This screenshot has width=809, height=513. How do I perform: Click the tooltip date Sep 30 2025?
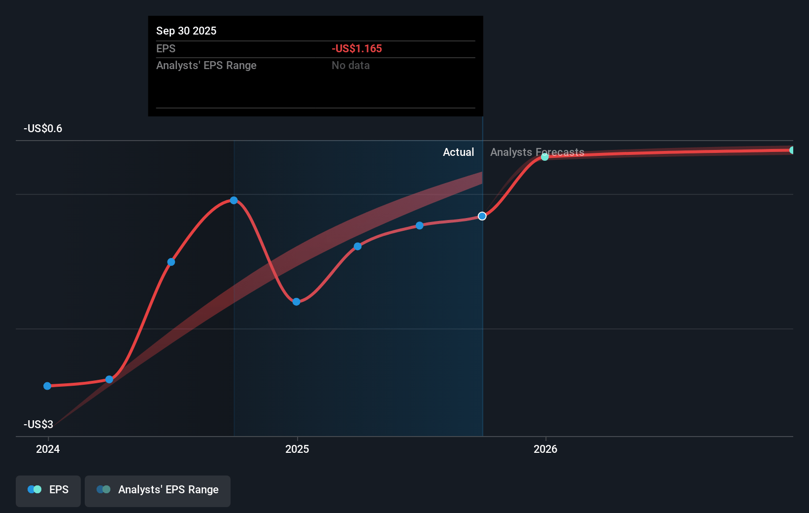pos(186,31)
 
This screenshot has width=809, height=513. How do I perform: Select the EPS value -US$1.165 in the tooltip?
pos(357,48)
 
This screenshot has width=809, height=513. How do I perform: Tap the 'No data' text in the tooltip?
pos(350,65)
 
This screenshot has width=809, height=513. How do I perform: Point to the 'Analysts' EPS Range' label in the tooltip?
pos(206,65)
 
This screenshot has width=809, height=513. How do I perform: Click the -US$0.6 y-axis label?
pos(43,128)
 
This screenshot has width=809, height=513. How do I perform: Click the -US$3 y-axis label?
pos(38,424)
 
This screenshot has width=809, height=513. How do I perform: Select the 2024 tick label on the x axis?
pos(48,449)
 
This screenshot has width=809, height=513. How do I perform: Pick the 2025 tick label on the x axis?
pos(297,449)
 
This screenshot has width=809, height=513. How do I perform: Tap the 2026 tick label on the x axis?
pos(545,449)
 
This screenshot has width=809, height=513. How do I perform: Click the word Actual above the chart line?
pos(458,152)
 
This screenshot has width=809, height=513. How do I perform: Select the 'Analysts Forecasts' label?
pos(537,152)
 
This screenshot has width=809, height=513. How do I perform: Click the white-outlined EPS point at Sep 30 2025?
pos(482,216)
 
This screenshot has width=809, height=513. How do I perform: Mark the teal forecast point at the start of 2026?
pos(545,157)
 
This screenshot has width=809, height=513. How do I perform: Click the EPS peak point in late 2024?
pos(234,200)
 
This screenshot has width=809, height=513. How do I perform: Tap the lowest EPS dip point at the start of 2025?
pos(296,302)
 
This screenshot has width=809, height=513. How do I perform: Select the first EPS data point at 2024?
pos(47,386)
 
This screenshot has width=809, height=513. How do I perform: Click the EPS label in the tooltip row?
pos(166,48)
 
